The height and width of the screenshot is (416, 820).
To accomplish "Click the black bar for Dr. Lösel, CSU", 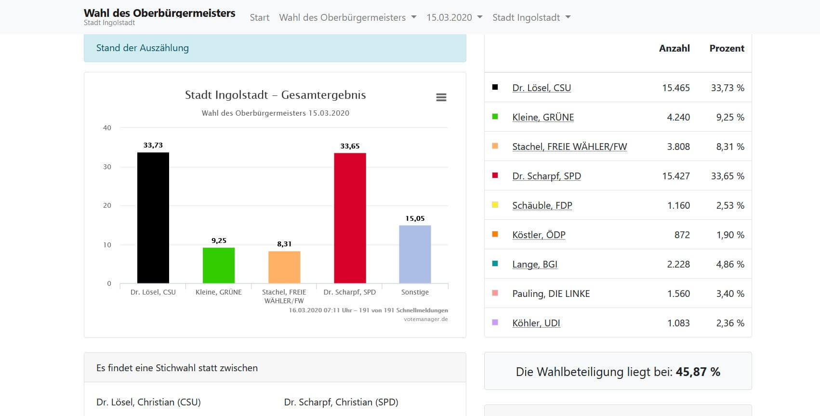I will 153,218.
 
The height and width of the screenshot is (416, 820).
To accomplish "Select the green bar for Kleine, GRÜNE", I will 218,265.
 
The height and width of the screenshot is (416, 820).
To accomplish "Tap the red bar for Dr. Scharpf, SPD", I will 350,218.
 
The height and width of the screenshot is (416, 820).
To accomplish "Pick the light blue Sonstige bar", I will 415,254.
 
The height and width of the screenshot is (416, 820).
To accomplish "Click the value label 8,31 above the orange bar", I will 284,244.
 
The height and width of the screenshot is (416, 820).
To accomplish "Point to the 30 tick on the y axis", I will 107,167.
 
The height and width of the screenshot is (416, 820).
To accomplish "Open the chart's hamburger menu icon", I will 441,97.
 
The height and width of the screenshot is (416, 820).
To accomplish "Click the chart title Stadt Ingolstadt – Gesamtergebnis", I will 275,95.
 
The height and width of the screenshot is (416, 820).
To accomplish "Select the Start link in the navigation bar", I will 259,17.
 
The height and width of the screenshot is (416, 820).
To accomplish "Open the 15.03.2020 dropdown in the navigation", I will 454,17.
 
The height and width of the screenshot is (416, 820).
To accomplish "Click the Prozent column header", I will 727,48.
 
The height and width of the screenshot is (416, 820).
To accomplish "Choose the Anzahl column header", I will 674,48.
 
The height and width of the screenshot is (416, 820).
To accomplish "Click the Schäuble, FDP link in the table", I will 542,205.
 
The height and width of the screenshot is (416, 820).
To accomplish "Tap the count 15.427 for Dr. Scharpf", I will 676,176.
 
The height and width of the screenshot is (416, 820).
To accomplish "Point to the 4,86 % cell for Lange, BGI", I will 730,264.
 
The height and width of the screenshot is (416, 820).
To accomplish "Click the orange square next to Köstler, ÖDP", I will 495,234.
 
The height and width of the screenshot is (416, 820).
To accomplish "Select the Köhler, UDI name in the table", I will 536,323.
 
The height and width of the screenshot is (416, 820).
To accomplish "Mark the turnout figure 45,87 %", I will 698,372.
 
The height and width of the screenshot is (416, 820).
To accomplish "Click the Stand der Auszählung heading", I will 143,48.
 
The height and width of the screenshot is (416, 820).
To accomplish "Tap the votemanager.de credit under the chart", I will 425,319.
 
